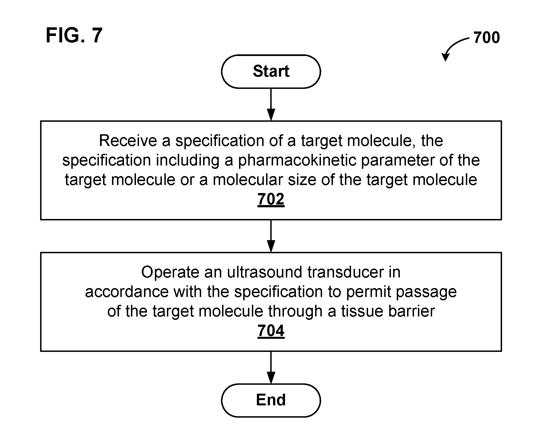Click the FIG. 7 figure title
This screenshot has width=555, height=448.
coord(74,35)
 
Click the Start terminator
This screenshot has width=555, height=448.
coord(271,71)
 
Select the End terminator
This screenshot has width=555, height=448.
coord(271,400)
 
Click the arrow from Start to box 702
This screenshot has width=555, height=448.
coord(271,104)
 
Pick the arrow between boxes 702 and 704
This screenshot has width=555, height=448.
coord(271,236)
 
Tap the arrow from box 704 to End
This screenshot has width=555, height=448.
coord(271,367)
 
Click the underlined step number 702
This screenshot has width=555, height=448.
coord(271,199)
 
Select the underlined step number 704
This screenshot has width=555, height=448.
coord(271,331)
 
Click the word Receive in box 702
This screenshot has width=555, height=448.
coord(128,140)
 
